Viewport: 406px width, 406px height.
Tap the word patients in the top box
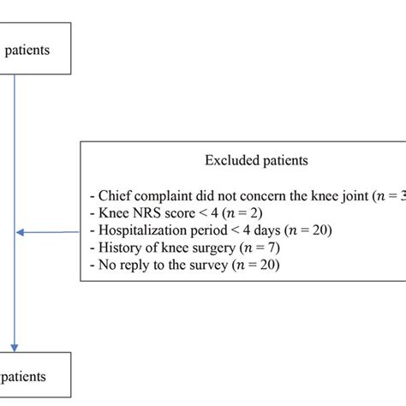27,49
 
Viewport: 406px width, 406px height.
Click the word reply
132,266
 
